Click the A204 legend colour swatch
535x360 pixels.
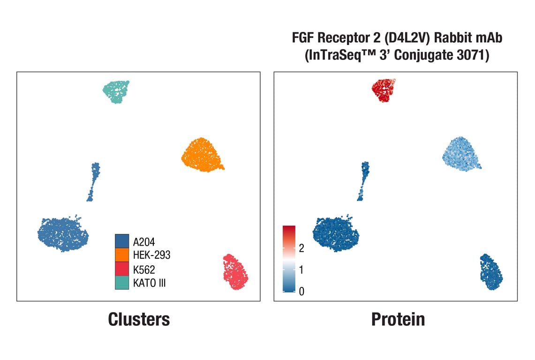click(122, 241)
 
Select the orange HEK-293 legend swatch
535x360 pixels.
click(122, 255)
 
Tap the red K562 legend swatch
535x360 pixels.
click(122, 269)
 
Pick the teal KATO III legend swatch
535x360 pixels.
click(122, 283)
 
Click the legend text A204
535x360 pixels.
click(144, 242)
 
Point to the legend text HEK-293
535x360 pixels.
click(151, 255)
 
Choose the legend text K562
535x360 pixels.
click(144, 270)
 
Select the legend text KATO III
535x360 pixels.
click(149, 283)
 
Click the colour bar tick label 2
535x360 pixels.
click(301, 248)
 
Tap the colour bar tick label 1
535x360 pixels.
click(301, 270)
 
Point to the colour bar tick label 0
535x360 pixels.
click(301, 292)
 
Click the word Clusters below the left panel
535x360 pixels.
click(139, 319)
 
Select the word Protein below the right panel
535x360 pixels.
click(398, 319)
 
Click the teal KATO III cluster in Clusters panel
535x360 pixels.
click(116, 91)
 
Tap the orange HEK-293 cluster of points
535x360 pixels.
click(202, 155)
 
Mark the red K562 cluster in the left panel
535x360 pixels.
click(235, 272)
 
